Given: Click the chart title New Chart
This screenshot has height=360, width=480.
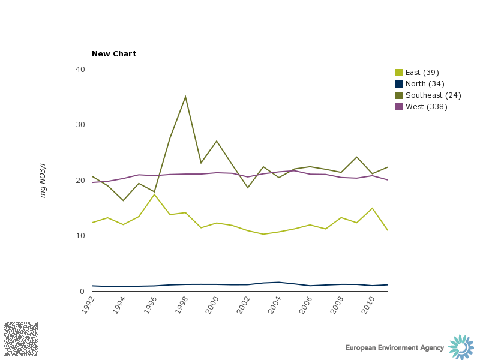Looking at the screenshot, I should pos(114,54).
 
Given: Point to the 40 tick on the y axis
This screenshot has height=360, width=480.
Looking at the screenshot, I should pos(80,70).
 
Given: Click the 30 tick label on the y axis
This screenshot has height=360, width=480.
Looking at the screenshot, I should pos(80,125).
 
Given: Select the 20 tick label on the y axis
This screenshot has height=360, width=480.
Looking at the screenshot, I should pos(80,181).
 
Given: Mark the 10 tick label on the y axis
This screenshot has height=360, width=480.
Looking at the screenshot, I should pos(80,236).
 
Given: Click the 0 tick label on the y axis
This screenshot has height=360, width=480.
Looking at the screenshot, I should pos(83,292).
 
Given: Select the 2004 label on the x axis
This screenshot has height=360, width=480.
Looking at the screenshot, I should pos(272,304).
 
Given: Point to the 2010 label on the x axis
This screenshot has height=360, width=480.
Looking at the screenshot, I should pos(366,304).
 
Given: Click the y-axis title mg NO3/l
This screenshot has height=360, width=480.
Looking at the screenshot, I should pos(43,180).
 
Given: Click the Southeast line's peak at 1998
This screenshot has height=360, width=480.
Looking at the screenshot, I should pos(185,97).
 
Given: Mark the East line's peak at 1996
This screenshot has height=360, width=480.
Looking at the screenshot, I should pos(154,194).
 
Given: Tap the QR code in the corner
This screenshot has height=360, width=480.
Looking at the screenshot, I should pos(20,338).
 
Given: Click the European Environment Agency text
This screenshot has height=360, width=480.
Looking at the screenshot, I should pos(395,348).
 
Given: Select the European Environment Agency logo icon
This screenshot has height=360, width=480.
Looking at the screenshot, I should pos(461,347).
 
